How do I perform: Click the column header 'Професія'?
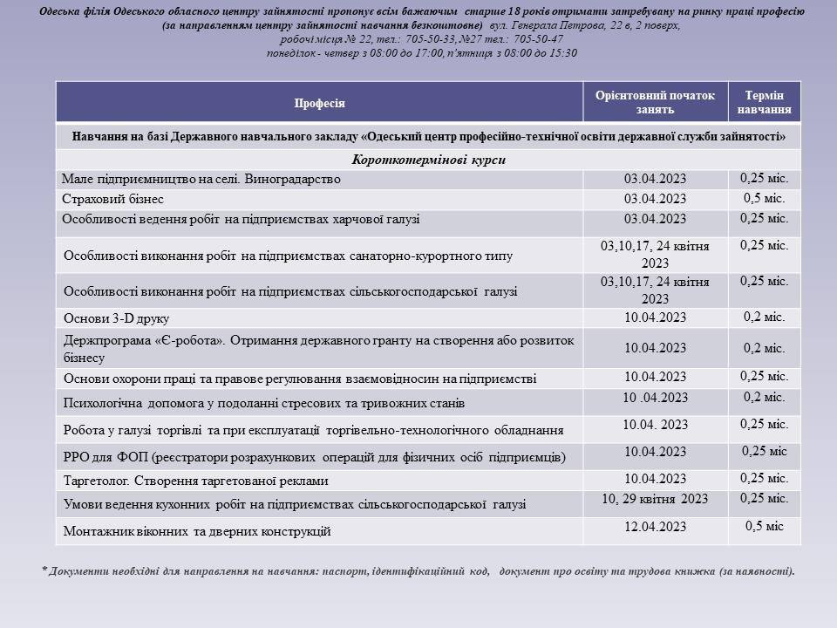tap(319, 103)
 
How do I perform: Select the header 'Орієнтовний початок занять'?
tap(655, 103)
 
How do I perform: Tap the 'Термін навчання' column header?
tap(764, 103)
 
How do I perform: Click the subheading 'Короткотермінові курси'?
tap(428, 160)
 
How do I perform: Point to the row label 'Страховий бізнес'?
tap(113, 199)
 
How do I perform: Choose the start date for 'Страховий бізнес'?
tap(655, 199)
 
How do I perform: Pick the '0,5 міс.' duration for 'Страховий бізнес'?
tap(764, 198)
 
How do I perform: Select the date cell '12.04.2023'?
tap(655, 527)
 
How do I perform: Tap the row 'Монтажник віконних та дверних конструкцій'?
tap(197, 530)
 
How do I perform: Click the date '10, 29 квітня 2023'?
tap(655, 499)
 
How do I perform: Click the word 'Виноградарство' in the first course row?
tap(296, 179)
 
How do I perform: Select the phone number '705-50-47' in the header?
tap(539, 39)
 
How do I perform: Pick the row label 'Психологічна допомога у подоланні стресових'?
tap(264, 403)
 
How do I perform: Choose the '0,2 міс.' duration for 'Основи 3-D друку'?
tap(764, 317)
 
